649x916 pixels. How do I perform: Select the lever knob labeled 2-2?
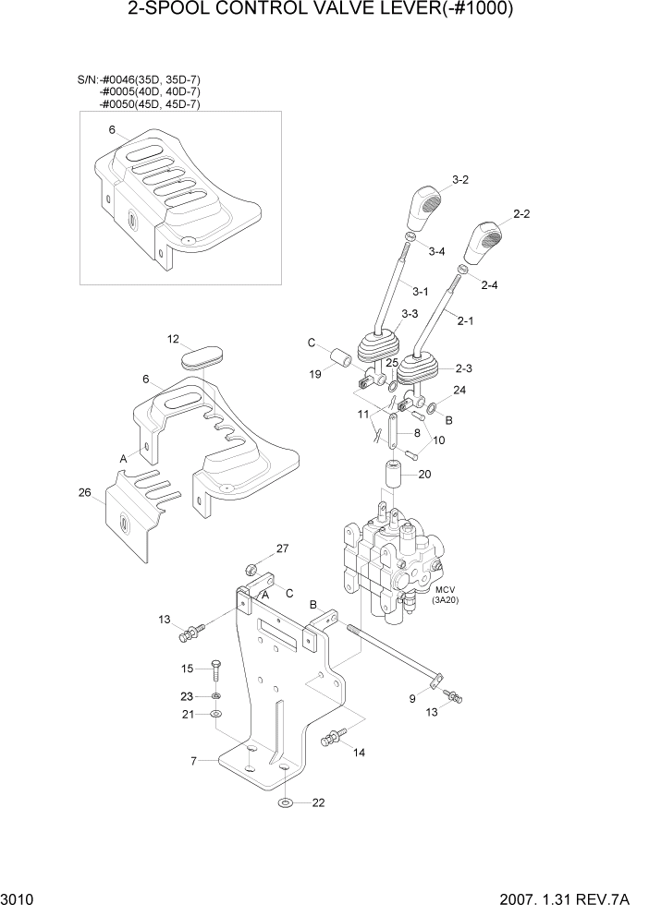coord(487,243)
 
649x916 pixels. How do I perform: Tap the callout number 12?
coord(173,339)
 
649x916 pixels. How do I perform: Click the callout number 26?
coord(84,492)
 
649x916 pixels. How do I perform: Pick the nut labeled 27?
coord(251,567)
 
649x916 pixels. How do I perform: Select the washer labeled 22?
coord(286,801)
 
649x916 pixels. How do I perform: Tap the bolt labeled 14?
coord(331,739)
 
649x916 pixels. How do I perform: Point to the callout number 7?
coord(194,761)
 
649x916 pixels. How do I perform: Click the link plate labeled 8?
coord(393,434)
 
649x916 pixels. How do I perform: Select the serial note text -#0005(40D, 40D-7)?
coord(150,92)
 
